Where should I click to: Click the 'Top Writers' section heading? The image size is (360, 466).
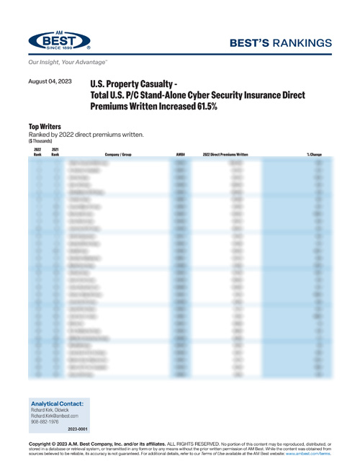pos(44,126)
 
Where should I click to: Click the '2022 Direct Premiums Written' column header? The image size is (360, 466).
pos(225,154)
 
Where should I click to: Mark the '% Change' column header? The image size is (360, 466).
pos(313,154)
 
